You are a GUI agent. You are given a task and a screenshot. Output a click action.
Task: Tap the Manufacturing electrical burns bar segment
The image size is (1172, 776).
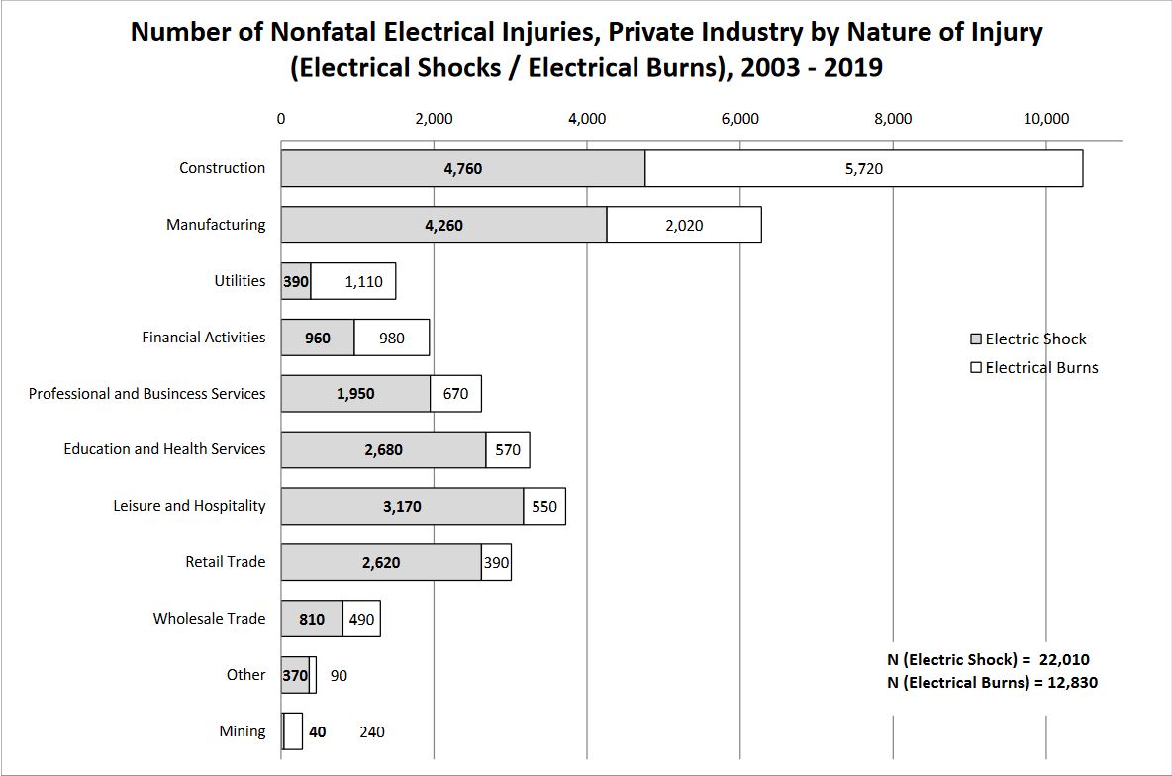(684, 225)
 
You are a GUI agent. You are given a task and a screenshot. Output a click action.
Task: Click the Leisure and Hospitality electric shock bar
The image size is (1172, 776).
(402, 506)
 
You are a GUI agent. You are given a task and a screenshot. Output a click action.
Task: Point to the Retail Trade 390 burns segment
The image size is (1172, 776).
(496, 562)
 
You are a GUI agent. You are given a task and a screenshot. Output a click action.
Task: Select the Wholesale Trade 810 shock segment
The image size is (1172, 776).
(312, 619)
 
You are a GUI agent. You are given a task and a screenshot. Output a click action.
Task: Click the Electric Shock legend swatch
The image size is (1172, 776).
(976, 339)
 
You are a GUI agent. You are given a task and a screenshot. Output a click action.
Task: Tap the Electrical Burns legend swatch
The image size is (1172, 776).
(976, 368)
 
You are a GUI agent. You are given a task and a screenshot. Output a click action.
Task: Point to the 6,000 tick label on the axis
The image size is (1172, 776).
(740, 119)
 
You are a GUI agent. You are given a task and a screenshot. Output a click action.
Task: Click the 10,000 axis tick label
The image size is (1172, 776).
(1046, 119)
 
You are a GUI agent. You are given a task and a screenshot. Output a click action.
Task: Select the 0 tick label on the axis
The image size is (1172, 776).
(281, 119)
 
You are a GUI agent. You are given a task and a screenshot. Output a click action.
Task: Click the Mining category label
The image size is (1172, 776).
(243, 731)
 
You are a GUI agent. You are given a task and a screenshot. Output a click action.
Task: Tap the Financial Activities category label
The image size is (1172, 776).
(204, 338)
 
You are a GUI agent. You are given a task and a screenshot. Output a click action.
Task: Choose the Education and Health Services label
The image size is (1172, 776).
(165, 449)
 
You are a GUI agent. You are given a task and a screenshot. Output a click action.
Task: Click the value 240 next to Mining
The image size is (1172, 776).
(372, 732)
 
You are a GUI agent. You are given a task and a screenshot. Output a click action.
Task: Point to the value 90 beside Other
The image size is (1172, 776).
(339, 676)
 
